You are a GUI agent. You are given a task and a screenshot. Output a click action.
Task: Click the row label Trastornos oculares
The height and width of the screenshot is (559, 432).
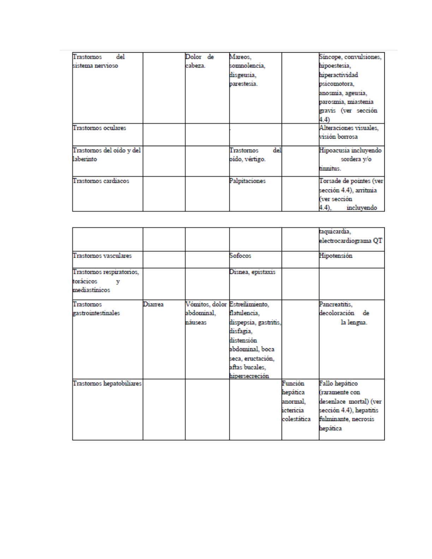tap(99, 128)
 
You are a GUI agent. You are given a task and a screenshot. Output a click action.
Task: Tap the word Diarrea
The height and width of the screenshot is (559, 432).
tap(154, 304)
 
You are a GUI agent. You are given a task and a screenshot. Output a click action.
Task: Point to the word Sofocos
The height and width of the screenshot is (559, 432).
tap(240, 256)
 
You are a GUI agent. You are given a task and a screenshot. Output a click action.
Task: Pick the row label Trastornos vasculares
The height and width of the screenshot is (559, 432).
tap(102, 256)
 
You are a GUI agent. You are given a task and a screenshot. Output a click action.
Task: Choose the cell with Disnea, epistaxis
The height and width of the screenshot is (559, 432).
tap(252, 272)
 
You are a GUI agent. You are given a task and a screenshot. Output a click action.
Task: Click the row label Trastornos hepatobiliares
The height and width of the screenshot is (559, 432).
tap(107, 383)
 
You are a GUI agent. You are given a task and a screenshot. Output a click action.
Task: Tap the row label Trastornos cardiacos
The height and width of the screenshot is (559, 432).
tap(101, 181)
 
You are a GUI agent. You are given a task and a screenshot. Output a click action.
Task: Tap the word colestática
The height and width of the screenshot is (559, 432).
tap(296, 419)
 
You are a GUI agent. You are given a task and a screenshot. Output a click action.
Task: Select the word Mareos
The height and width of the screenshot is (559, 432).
tap(240, 57)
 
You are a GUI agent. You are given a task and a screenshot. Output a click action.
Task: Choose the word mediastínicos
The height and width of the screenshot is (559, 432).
tap(91, 290)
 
